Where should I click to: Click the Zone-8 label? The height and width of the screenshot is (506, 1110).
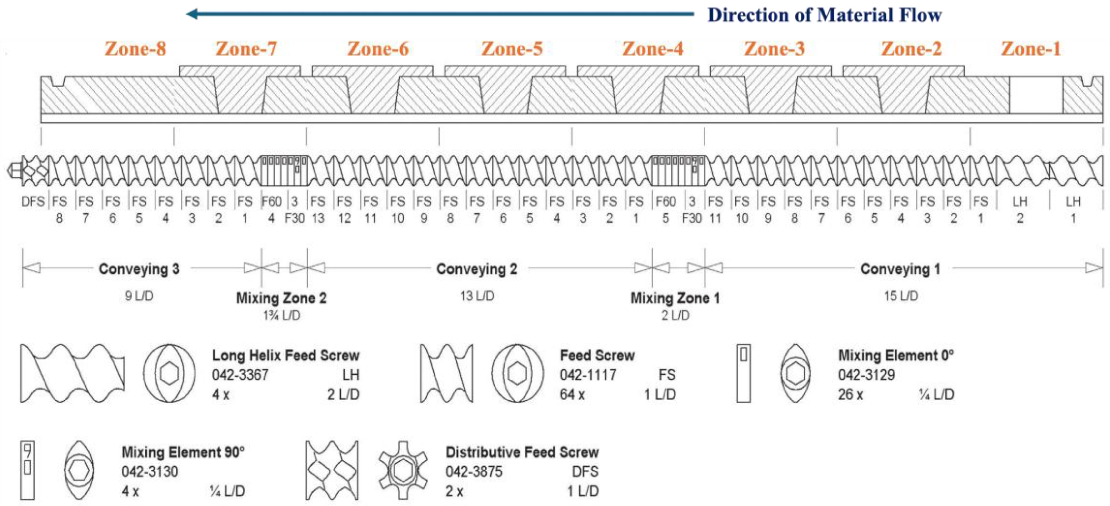click(135, 49)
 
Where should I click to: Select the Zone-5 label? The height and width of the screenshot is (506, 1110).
click(512, 49)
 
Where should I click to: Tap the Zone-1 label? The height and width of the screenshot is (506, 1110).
click(1031, 49)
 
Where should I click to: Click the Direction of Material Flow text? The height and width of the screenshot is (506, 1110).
click(824, 15)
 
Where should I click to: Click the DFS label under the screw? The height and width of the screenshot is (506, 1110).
click(33, 201)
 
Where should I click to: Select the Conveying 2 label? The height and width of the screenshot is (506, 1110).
click(476, 269)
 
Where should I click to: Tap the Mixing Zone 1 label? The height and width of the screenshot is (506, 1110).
click(675, 298)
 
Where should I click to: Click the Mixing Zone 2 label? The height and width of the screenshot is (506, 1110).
click(281, 298)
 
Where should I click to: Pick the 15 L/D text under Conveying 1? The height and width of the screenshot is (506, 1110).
click(901, 296)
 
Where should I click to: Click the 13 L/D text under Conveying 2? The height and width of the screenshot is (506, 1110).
click(476, 296)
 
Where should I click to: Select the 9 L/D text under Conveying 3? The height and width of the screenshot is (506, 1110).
click(139, 296)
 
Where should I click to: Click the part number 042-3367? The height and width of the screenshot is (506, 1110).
click(240, 375)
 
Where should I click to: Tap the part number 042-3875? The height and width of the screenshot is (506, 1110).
click(474, 471)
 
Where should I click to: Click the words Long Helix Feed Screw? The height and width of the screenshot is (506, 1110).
click(285, 355)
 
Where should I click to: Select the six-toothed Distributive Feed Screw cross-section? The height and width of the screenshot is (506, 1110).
click(403, 470)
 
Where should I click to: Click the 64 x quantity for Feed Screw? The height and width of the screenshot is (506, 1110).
click(572, 394)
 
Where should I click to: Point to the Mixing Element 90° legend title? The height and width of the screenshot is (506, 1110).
click(183, 452)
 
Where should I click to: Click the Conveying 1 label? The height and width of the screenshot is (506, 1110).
click(900, 269)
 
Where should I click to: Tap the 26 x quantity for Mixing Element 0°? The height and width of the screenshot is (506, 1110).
click(850, 394)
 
